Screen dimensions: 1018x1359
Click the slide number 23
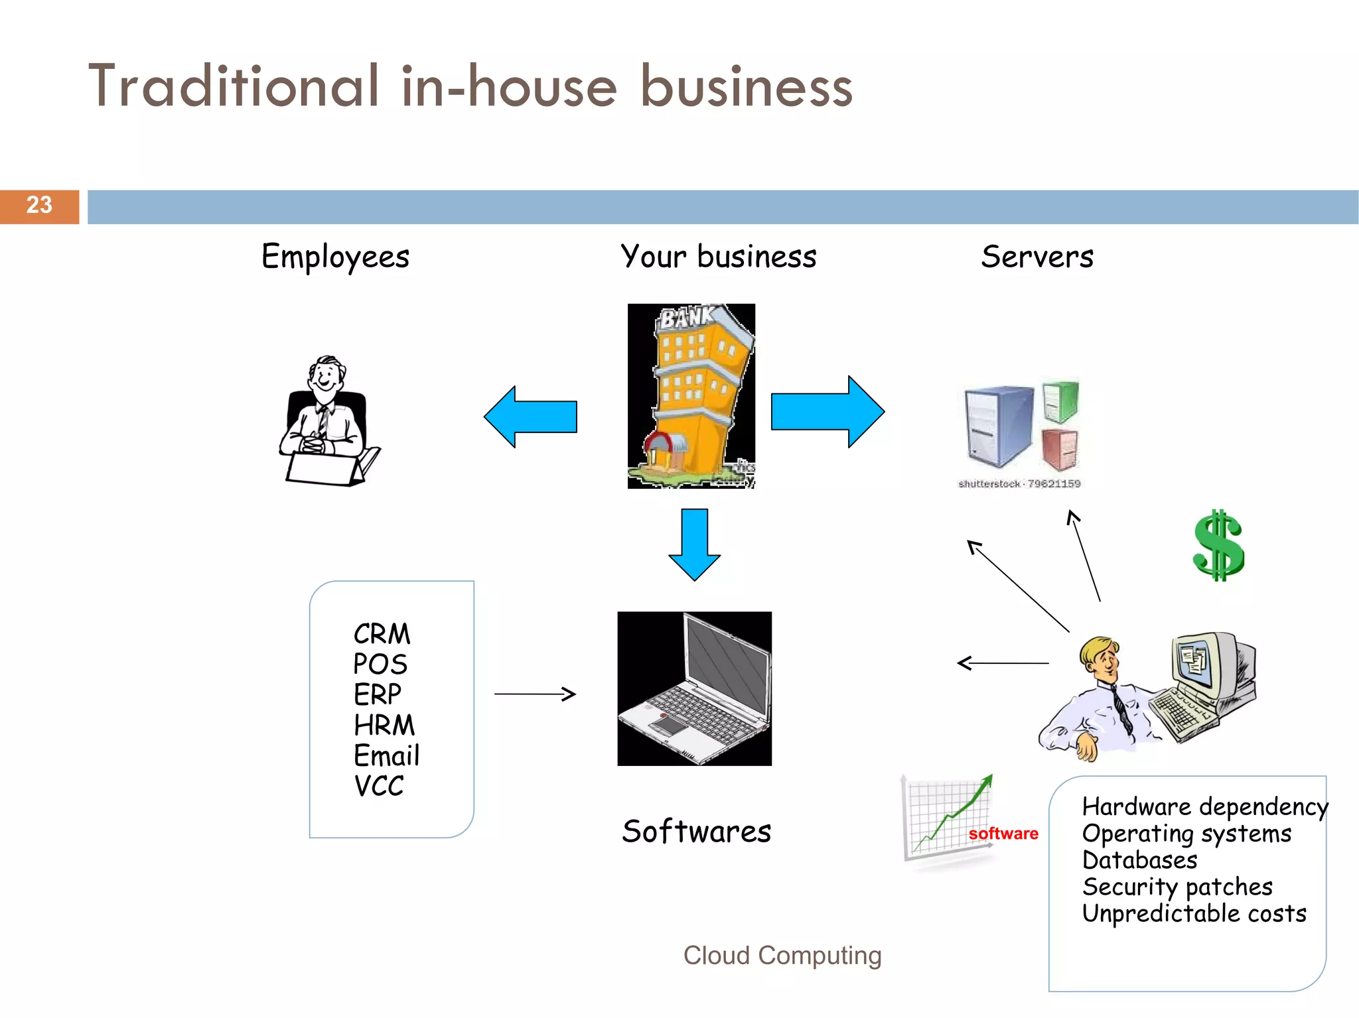[39, 205]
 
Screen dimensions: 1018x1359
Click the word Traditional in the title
[234, 87]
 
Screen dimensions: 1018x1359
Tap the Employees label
[335, 257]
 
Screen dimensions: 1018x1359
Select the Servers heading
[1037, 257]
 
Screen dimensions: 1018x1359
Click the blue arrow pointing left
[531, 417]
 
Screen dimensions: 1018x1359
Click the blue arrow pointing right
[827, 412]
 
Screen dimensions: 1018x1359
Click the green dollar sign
[1218, 546]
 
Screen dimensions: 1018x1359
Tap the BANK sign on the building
[685, 318]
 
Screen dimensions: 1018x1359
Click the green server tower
[1060, 401]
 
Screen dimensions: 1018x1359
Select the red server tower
[1060, 449]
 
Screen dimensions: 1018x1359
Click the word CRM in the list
[382, 634]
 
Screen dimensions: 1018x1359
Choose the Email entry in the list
[386, 756]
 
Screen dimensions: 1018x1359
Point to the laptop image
[694, 688]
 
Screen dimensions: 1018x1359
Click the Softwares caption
[696, 832]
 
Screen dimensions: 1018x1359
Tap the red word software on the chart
[1003, 834]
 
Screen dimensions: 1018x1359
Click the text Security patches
[1177, 887]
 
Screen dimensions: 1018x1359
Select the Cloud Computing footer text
[782, 956]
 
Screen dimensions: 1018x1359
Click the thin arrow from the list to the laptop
[535, 694]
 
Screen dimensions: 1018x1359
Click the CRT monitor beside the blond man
[1204, 663]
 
